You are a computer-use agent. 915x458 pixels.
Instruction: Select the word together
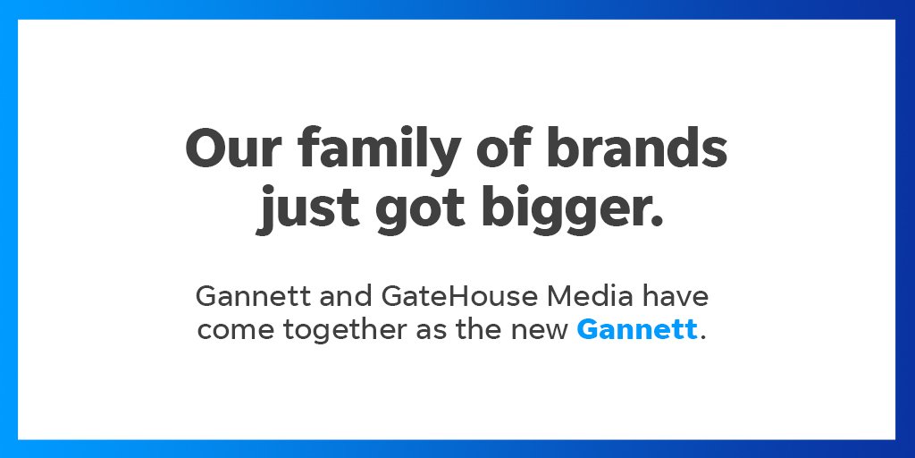tap(346, 331)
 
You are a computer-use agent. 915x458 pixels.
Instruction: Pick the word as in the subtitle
tap(432, 331)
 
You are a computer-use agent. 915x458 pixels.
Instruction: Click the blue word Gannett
tap(637, 330)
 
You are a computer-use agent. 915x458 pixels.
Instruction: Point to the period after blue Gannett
tap(703, 338)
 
